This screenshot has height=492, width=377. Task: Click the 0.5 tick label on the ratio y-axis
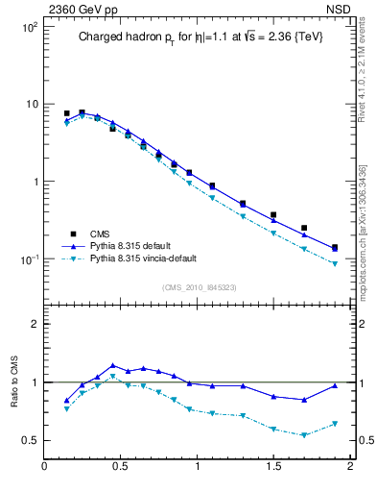[30, 441]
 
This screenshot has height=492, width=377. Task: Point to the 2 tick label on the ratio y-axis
[34, 324]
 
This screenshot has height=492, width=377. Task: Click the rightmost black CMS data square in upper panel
[334, 247]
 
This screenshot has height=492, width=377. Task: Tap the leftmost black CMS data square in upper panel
[67, 113]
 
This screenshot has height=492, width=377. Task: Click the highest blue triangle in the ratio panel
[113, 365]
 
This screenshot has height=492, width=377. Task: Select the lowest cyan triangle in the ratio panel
[304, 435]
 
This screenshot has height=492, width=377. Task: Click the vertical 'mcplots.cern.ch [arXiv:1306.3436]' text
[368, 211]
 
